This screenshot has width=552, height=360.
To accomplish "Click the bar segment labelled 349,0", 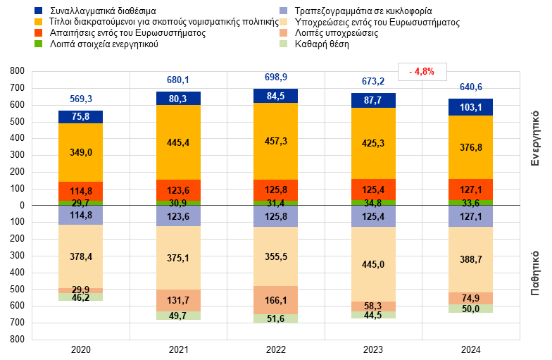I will click(80, 152).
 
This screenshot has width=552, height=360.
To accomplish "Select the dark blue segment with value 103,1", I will click(470, 107).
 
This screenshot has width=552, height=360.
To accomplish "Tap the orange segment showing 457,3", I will click(275, 141).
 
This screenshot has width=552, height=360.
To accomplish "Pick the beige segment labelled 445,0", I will click(373, 264).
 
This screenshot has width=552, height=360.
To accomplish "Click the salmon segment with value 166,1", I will click(275, 300).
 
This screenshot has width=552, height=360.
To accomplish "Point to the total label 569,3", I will click(81, 99).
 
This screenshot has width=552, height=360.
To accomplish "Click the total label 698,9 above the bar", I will click(275, 77).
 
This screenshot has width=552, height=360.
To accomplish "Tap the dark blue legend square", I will click(38, 11).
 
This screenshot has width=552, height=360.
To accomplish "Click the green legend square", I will click(38, 44).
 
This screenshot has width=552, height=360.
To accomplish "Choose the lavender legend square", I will click(283, 11).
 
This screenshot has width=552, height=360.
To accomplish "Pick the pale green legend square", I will click(283, 44).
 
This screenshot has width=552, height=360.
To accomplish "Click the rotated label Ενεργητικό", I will click(535, 137).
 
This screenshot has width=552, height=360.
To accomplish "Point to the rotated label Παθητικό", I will click(535, 272).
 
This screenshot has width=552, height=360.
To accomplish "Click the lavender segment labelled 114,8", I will click(80, 216).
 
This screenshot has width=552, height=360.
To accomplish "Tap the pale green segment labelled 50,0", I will click(470, 309).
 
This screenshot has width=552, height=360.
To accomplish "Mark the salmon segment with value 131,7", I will click(178, 300).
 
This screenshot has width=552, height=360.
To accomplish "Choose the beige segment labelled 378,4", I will click(80, 256).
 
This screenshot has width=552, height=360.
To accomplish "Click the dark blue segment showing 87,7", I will click(373, 101).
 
